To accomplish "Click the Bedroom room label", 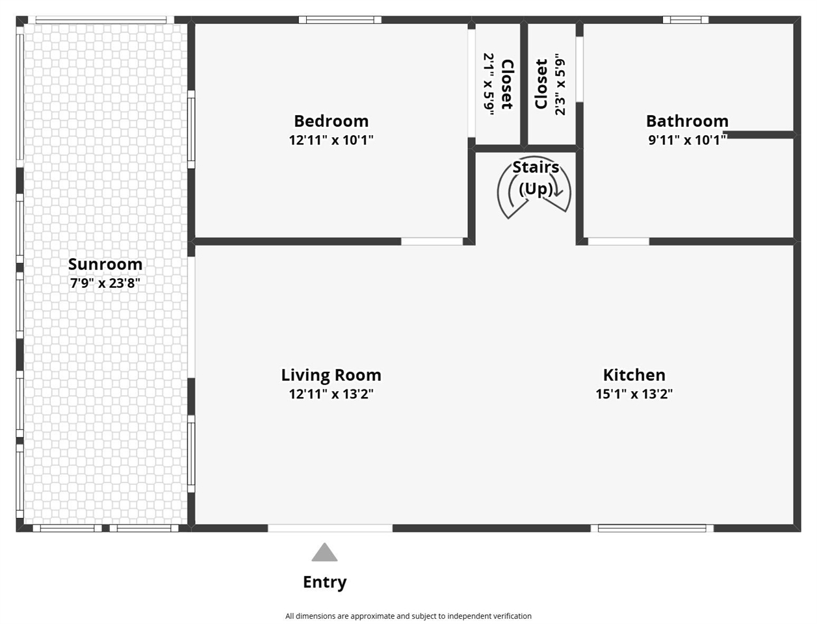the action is (x=331, y=121).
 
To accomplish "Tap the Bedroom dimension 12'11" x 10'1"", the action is (x=331, y=140).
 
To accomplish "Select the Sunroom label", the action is (x=105, y=264).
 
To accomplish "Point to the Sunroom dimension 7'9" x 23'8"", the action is (x=105, y=283).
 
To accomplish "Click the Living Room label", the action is (x=331, y=374).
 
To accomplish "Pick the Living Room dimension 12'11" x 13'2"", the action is (x=331, y=394).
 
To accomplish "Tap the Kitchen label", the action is (x=634, y=374).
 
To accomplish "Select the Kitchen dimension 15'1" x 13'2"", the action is (x=634, y=394).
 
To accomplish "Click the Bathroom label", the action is (x=687, y=121).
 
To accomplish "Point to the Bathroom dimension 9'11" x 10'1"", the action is (x=687, y=140).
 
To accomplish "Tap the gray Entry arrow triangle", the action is (x=324, y=552).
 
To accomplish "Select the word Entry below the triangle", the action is (x=324, y=582).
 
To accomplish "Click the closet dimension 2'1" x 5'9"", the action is (x=489, y=84).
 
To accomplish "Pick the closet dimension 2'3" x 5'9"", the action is (x=560, y=86).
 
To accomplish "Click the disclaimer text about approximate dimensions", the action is (x=408, y=616).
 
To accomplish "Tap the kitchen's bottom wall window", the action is (x=652, y=528).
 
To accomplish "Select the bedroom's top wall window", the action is (x=340, y=19).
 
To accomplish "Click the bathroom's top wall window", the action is (x=686, y=19).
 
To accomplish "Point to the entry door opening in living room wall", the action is (x=330, y=528).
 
